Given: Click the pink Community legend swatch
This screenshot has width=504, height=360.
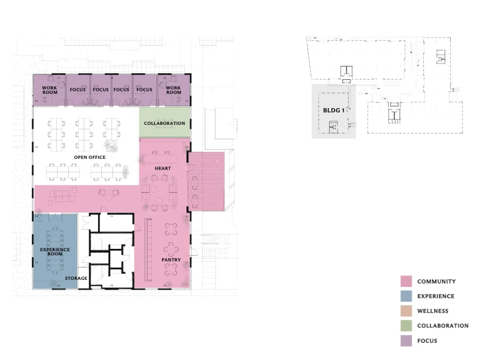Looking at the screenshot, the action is [406, 281].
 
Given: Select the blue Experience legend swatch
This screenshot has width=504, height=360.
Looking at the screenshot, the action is [406, 296].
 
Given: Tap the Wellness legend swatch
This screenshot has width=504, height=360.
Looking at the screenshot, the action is [406, 311].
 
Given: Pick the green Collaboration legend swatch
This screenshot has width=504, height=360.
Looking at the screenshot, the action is [406, 326].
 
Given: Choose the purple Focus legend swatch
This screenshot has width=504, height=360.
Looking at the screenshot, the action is [406, 341].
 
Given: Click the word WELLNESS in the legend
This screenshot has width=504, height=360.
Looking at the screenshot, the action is [433, 311].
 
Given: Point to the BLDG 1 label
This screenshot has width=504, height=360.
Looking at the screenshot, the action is [334, 110].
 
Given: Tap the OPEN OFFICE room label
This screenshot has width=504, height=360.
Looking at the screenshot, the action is [90, 157].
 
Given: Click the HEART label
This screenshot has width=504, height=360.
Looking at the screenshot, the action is [162, 168].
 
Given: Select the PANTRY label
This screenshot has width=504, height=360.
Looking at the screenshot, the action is [171, 260].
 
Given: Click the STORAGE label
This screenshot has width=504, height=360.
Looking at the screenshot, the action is [76, 278].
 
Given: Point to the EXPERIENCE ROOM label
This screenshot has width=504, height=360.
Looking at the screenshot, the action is [55, 251].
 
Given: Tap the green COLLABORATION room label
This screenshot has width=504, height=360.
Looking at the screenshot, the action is [164, 123].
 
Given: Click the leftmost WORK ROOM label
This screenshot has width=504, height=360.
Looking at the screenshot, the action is [50, 90].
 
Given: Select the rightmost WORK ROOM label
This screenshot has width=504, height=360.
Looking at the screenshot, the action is [174, 90].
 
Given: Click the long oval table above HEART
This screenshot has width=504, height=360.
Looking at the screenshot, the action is [160, 159].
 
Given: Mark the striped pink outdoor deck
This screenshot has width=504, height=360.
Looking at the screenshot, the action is [206, 181].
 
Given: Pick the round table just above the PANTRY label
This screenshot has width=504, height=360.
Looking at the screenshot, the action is [171, 249].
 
